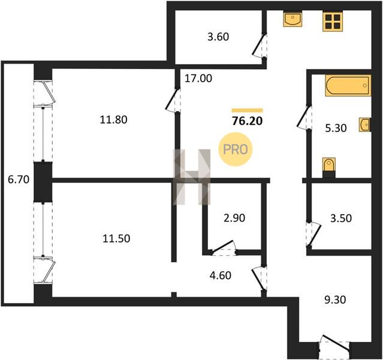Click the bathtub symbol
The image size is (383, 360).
pos(348,86)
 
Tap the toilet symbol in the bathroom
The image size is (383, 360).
pos(329,167)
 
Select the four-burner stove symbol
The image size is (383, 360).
pos(333,21)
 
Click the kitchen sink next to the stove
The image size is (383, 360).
pos(292,19)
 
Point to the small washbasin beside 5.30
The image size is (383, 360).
pos(365,125)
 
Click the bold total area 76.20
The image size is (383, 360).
pos(247,121)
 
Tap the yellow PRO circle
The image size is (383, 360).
pos(236,149)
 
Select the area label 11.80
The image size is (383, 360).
pos(113,120)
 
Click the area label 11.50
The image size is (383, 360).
pos(116,238)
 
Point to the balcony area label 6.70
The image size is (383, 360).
pos(19,180)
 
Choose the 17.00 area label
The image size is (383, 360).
pos(198,79)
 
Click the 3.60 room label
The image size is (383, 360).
pos(218,37)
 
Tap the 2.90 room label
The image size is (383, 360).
pos(234,218)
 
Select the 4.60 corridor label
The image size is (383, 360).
pos(221,275)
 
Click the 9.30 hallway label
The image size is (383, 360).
pos(335,299)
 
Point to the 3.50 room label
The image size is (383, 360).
pos(341,218)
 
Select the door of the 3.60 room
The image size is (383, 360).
pos(260,46)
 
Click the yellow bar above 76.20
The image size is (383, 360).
pos(247,110)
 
